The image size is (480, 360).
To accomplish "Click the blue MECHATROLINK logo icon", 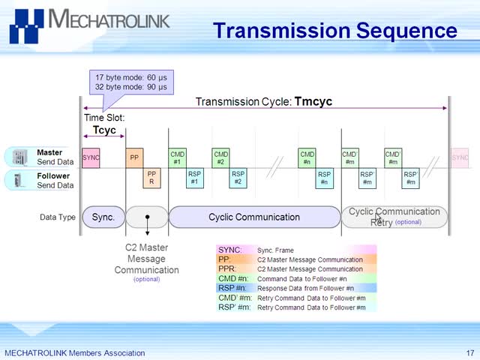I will (x=26, y=27).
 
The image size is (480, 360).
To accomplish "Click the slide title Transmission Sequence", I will (x=334, y=31).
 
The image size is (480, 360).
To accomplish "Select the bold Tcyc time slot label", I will (x=104, y=130).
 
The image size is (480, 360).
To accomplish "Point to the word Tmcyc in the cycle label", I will (x=313, y=101).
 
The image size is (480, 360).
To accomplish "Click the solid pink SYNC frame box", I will (x=91, y=157).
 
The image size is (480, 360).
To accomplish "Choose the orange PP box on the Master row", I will (x=134, y=157).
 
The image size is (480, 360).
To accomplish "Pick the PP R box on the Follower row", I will (x=151, y=178).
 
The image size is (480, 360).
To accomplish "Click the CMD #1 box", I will (x=177, y=157).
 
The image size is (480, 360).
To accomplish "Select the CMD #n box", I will (x=307, y=157).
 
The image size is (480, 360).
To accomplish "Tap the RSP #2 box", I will (x=238, y=178).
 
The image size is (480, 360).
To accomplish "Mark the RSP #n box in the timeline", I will (x=324, y=178).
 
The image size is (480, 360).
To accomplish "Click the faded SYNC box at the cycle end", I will (x=460, y=157).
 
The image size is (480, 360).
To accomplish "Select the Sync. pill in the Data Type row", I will (x=103, y=217).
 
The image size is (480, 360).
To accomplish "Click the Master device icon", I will (x=19, y=157).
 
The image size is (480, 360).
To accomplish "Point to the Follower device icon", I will (x=19, y=180).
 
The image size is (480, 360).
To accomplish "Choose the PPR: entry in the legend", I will (x=228, y=268).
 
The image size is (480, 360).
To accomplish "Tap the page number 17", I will (x=469, y=352).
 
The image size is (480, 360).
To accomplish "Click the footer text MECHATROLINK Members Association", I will (x=75, y=352).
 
